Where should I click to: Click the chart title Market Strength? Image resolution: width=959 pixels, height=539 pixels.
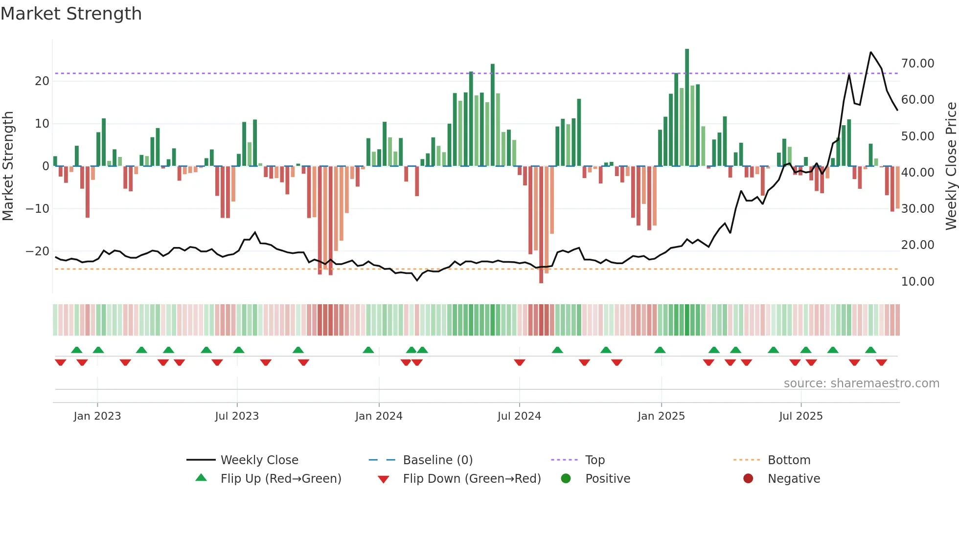[x=71, y=14]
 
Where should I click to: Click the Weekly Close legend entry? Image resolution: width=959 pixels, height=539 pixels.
[x=259, y=460]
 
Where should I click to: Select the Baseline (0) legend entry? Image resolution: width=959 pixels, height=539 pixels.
[x=437, y=460]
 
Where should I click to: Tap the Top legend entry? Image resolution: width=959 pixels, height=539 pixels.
[x=594, y=460]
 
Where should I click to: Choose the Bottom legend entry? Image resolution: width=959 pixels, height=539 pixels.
[x=789, y=460]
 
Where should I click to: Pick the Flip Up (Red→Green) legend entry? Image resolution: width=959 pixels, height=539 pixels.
[x=280, y=478]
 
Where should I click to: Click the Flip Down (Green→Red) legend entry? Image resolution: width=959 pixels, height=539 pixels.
[x=472, y=478]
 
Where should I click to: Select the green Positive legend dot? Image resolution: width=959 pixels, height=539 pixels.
[x=566, y=478]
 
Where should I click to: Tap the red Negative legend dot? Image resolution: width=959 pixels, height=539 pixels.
[x=748, y=478]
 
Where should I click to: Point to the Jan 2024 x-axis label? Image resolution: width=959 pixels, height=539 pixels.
[x=379, y=416]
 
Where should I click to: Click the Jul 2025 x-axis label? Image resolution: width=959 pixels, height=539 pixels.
[x=801, y=416]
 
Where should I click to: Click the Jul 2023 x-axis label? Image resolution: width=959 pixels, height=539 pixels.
[x=237, y=416]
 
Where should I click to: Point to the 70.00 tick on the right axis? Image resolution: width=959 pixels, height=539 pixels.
[x=917, y=64]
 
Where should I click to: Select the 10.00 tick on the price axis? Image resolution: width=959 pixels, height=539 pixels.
[x=917, y=282]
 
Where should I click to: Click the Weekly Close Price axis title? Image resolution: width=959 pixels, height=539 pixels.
[x=951, y=166]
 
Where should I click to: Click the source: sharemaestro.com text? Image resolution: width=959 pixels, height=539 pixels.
[x=861, y=383]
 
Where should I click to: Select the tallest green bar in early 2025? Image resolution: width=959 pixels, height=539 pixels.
[x=687, y=108]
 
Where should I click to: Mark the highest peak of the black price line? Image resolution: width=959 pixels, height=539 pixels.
[x=871, y=52]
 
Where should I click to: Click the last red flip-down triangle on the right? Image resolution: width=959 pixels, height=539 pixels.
[x=881, y=362]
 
